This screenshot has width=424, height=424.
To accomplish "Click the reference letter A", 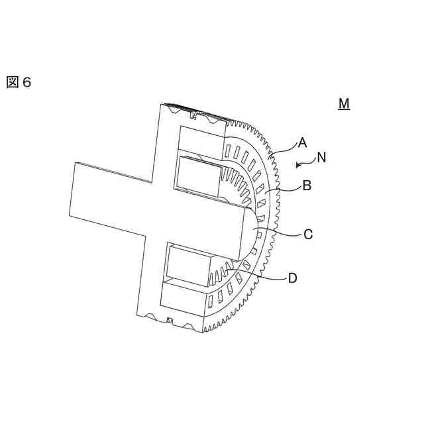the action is [302, 142].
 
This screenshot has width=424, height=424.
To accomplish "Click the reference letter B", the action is [307, 186].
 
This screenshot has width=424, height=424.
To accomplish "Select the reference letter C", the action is [308, 234].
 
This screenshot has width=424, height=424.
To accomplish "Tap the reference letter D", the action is [292, 278].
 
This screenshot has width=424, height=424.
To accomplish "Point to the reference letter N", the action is [321, 158].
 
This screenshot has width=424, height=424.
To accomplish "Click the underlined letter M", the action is [344, 104].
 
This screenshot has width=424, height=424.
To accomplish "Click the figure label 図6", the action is [19, 82].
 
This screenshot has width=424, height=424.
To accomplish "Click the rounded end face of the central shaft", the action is [251, 231].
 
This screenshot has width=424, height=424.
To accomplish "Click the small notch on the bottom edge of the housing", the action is [170, 321].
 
